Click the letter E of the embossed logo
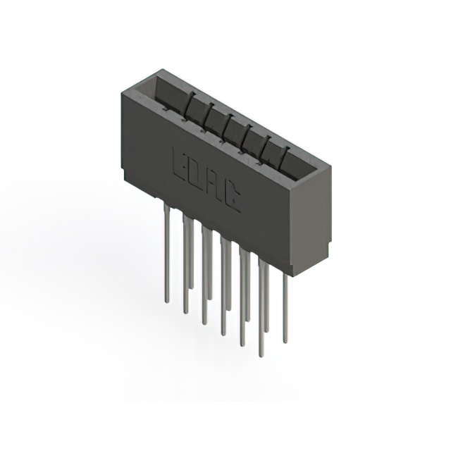pos(179,164)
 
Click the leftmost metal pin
pos(167,252)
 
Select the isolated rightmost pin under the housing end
pos(285,309)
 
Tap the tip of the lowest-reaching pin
pos(261,356)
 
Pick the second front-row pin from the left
pos(186,265)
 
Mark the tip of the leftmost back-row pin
pos(191,287)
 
